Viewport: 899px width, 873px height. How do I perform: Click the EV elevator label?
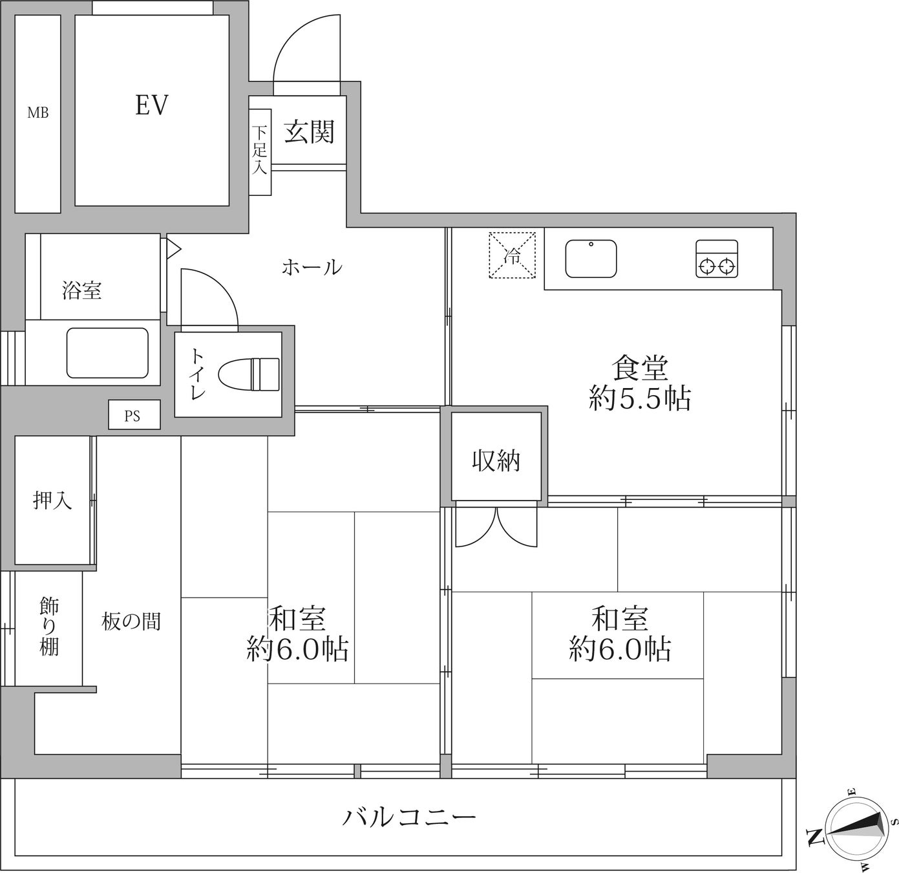click(151, 105)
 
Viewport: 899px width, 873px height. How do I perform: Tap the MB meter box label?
click(38, 113)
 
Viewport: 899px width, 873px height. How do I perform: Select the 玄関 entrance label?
click(308, 132)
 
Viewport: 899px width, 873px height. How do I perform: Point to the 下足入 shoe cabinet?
click(260, 152)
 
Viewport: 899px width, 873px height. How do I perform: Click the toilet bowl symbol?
click(249, 374)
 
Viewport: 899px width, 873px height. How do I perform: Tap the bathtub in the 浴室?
click(108, 352)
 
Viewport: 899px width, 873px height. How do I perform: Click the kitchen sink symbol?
click(591, 258)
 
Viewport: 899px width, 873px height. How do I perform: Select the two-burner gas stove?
click(717, 259)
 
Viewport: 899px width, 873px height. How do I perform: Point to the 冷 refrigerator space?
click(513, 255)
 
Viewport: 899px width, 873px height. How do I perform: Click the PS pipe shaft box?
click(134, 414)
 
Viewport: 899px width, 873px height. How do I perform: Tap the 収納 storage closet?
click(496, 456)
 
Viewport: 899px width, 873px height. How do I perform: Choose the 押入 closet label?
click(52, 500)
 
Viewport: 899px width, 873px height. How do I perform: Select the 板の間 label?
click(131, 621)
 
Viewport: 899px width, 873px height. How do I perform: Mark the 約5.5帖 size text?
click(640, 399)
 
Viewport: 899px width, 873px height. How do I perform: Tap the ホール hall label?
click(312, 267)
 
